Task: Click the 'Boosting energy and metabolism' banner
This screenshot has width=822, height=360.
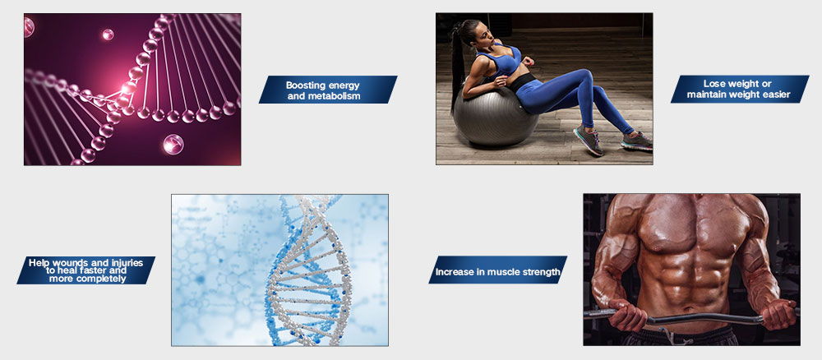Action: click(328, 90)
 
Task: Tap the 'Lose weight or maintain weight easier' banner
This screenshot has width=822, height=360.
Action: click(740, 89)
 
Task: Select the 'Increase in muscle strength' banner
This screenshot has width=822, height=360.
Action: click(497, 270)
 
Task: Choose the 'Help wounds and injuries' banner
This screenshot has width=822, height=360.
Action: click(86, 270)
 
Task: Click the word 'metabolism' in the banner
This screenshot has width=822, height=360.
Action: click(339, 96)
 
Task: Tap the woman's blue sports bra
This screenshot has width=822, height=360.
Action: click(501, 58)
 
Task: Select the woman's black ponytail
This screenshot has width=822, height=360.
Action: click(457, 66)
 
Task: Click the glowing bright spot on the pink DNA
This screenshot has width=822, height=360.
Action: click(128, 87)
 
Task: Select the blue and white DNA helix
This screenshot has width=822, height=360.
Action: click(307, 270)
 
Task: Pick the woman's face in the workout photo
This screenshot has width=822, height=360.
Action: click(485, 33)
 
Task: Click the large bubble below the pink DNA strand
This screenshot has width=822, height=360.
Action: click(173, 144)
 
